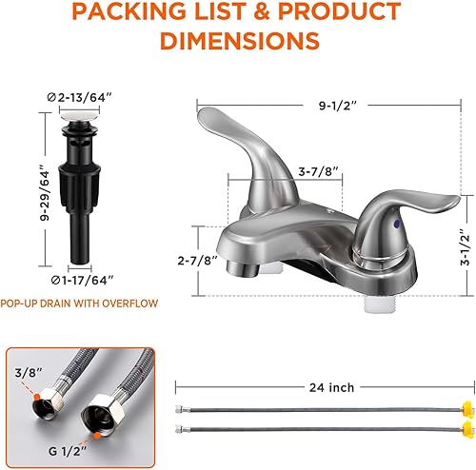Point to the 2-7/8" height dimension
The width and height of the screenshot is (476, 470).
[x=197, y=258]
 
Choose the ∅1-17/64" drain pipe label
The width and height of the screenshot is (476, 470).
[x=57, y=279]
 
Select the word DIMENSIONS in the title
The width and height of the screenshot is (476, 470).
[x=238, y=41]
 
